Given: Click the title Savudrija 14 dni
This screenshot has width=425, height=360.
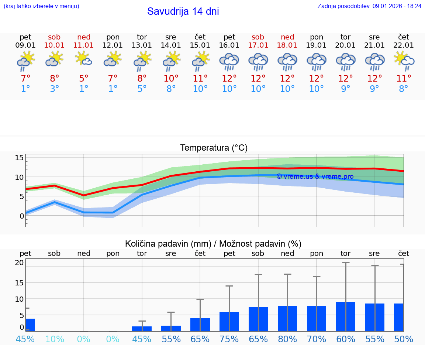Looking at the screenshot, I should tap(183, 11).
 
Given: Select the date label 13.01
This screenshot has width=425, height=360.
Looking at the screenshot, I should tap(142, 45).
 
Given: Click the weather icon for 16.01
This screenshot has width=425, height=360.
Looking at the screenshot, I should tap(229, 61).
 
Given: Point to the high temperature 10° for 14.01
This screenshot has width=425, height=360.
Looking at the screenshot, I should tap(171, 78).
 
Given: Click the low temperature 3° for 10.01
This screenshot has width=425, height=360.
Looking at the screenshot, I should tap(55, 89).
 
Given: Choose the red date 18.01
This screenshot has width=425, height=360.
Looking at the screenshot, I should tap(287, 45).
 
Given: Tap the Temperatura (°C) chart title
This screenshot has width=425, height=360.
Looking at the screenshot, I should tap(214, 148).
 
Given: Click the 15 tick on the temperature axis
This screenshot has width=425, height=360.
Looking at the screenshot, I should tap(19, 158).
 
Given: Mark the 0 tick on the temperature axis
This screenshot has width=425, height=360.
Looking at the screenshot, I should tap(21, 216).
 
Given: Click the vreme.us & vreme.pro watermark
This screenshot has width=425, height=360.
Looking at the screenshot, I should tap(315, 176).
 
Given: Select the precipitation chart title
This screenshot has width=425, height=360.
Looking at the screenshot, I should tap(213, 244).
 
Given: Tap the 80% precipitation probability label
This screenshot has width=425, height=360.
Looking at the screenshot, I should tap(287, 339).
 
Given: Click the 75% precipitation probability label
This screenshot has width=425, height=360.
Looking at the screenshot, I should tap(229, 339).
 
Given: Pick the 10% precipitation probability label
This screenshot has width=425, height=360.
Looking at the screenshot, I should tap(55, 339).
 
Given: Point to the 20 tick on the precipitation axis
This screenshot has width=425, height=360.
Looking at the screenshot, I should tap(19, 263).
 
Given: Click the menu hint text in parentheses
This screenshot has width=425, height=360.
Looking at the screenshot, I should tap(41, 6).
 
